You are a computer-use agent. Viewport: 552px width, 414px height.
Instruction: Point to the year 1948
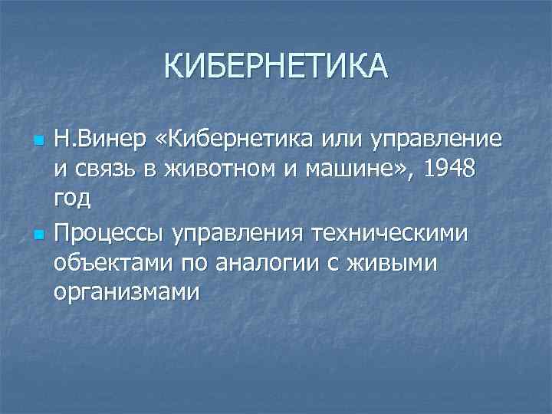[x=452, y=169]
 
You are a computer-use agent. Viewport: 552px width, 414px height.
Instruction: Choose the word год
[x=72, y=199]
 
